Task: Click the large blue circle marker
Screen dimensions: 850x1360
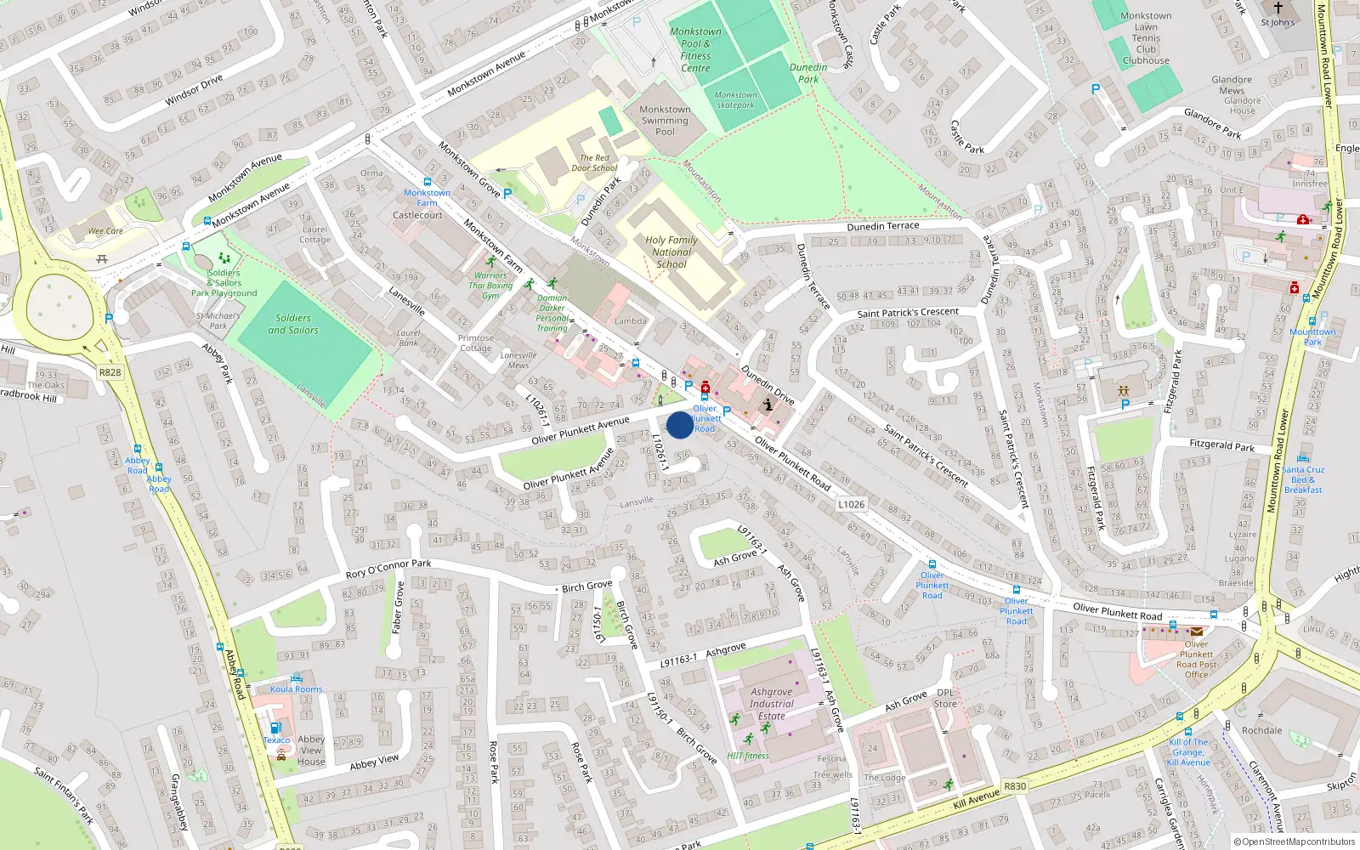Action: [679, 425]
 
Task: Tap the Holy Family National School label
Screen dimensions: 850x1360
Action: [671, 252]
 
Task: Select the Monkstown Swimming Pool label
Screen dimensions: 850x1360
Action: [665, 121]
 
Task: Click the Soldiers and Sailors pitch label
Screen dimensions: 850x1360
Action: [293, 324]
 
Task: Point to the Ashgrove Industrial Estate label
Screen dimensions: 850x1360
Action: [772, 704]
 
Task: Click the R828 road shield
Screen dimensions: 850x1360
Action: [110, 372]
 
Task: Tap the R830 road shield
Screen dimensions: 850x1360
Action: [1015, 786]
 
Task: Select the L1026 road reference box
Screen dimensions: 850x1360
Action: [851, 504]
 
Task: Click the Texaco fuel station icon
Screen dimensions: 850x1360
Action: [275, 728]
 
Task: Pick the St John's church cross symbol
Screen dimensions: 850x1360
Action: [1278, 8]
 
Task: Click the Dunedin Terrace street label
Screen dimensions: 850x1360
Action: [883, 227]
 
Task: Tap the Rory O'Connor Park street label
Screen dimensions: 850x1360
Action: [388, 569]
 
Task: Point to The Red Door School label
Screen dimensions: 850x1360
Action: [594, 163]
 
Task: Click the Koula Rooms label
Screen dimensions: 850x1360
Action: [296, 689]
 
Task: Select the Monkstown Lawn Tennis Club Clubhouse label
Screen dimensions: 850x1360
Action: [1146, 38]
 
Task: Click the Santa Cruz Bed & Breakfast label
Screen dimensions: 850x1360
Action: [1303, 479]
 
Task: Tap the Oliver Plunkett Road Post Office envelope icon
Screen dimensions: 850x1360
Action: [1197, 632]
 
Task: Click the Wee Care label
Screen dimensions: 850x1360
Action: [106, 231]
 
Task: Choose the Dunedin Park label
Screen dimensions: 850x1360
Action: [808, 73]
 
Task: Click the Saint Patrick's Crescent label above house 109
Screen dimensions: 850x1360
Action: [908, 313]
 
